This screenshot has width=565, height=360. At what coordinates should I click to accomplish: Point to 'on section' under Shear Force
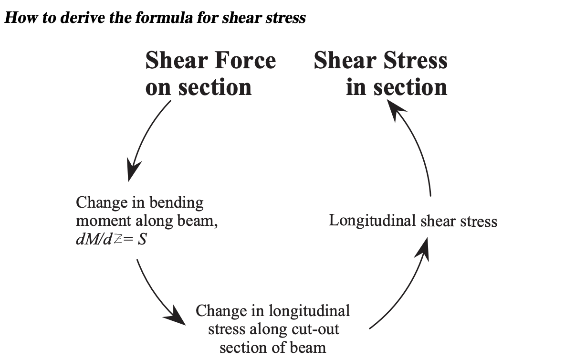[198, 87]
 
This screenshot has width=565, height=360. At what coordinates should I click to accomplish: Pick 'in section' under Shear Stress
[397, 87]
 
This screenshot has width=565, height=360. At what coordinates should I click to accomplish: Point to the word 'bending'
[178, 203]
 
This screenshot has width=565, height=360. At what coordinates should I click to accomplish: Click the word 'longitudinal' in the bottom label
[309, 311]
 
